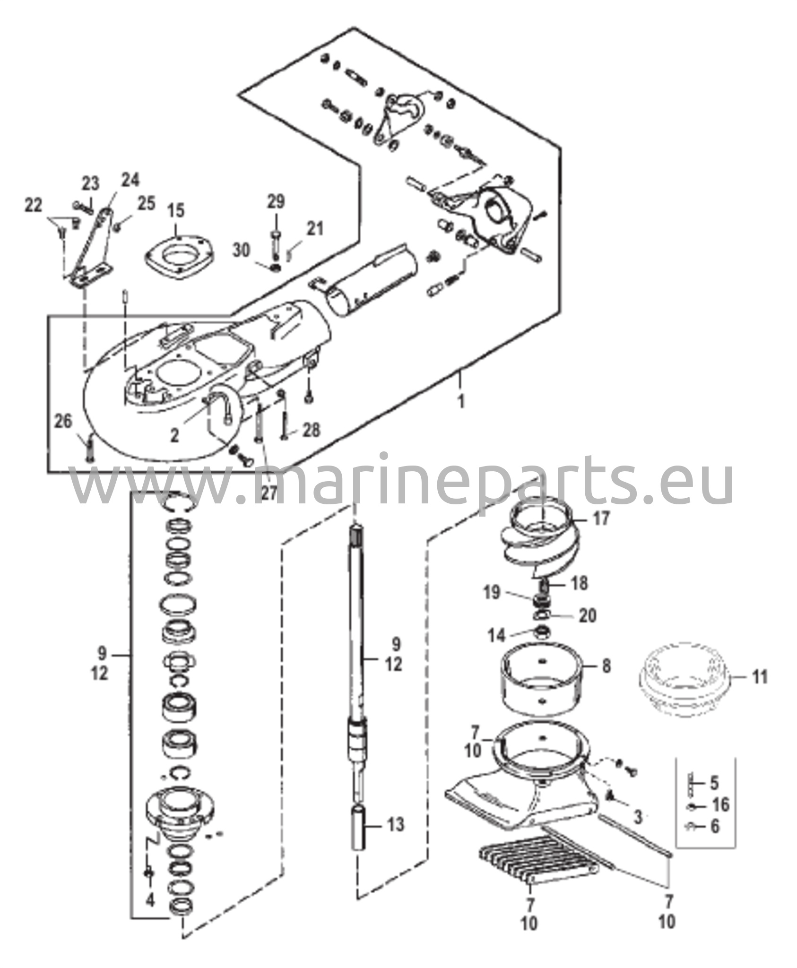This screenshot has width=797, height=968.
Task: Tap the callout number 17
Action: click(601, 519)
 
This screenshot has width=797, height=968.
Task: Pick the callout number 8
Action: click(606, 666)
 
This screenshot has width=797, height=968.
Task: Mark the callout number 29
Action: click(276, 202)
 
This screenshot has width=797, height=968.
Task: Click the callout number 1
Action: click(461, 402)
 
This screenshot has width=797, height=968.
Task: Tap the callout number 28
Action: click(310, 430)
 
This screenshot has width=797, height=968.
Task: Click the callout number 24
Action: click(130, 180)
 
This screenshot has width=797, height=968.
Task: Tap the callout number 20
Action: click(588, 615)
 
